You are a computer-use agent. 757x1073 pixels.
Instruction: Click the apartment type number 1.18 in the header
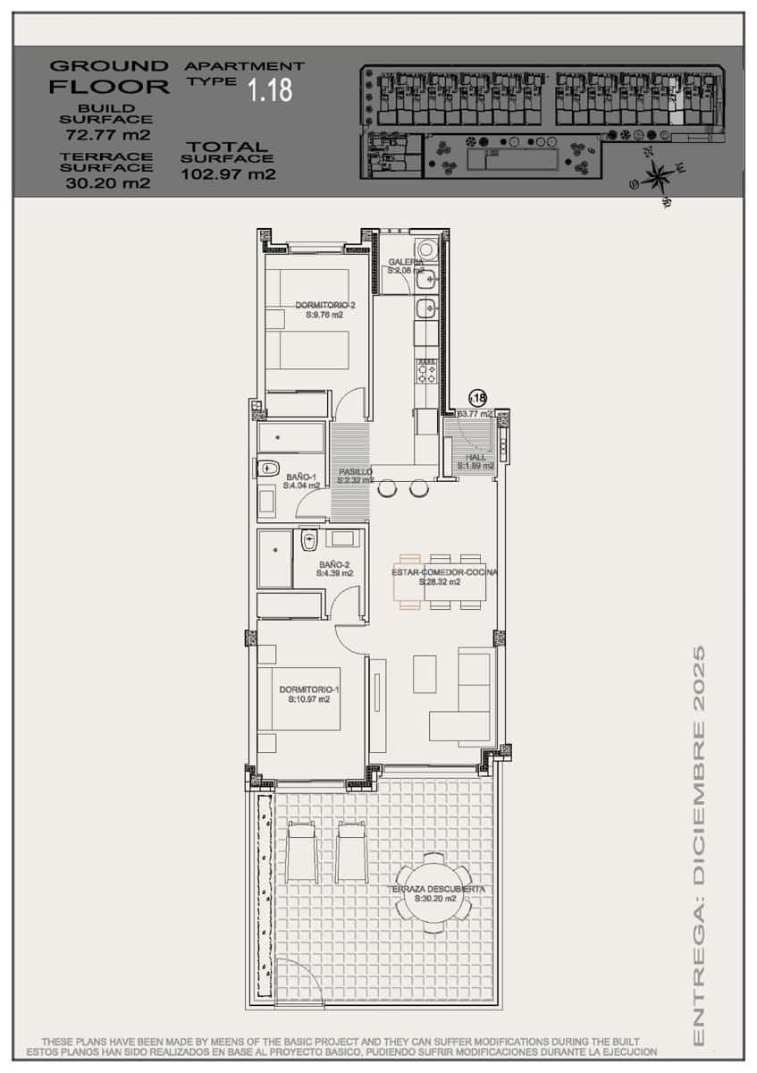click(270, 89)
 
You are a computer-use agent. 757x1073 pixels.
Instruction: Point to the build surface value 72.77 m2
click(107, 136)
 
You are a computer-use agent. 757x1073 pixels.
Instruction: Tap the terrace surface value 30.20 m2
click(107, 183)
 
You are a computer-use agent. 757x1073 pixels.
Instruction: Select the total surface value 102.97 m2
click(228, 174)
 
